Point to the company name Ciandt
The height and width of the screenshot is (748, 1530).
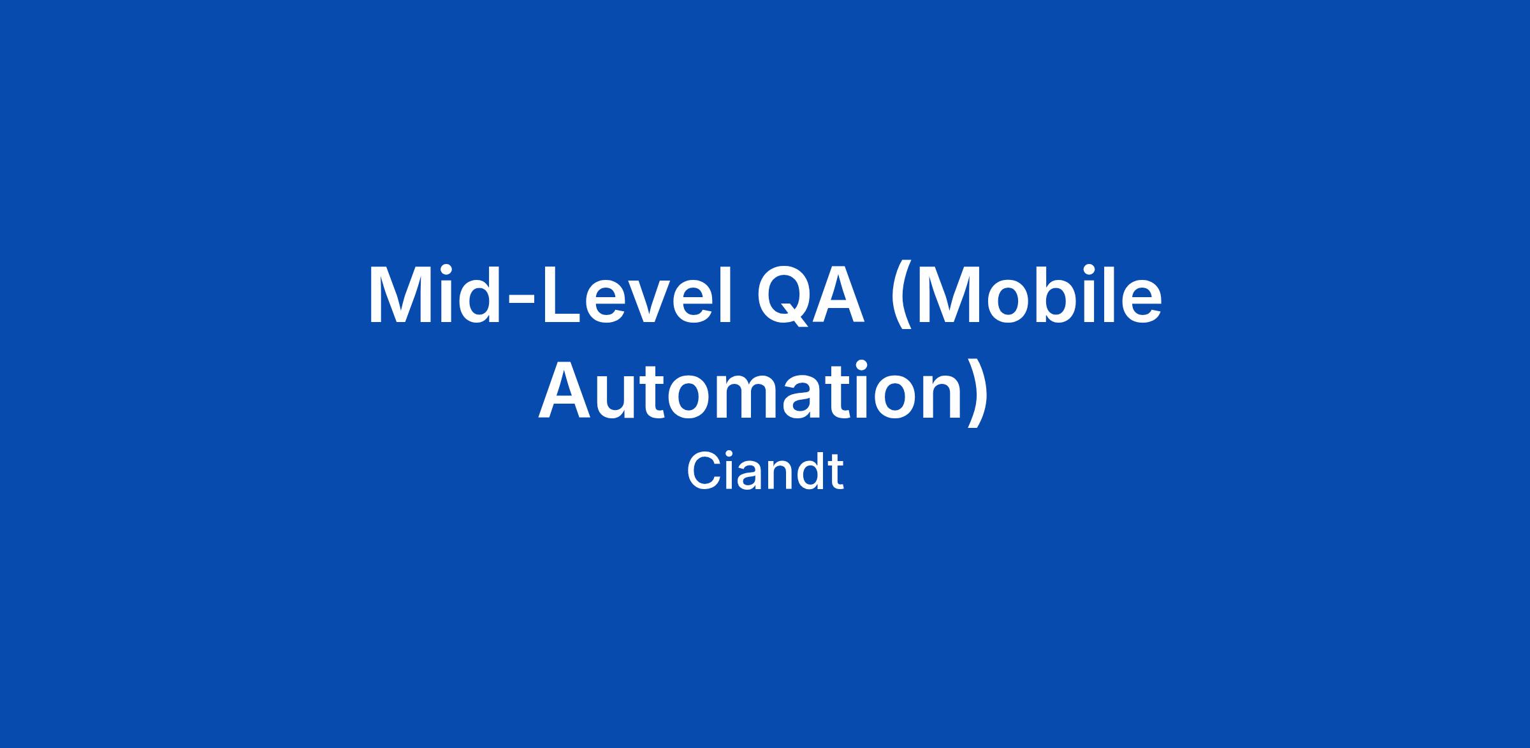click(765, 472)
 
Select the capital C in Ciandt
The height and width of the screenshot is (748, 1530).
click(704, 472)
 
